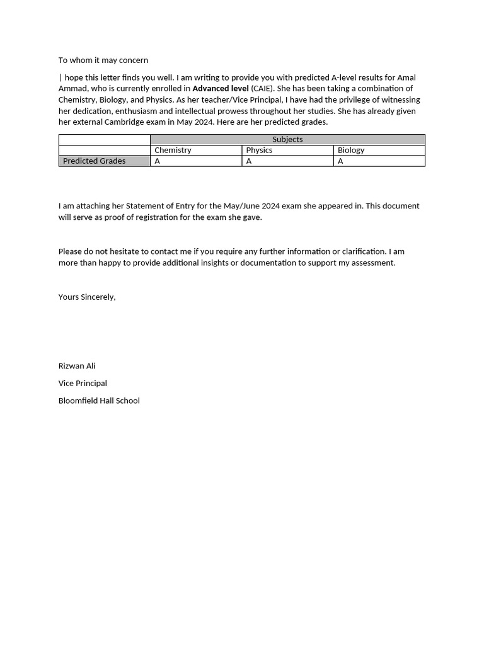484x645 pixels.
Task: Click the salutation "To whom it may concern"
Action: pos(103,60)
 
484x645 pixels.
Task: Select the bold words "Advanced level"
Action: pos(221,89)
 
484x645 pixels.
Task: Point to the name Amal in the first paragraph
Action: pos(406,77)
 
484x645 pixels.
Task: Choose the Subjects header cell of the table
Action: pos(287,140)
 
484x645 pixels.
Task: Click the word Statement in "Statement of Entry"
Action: pos(145,206)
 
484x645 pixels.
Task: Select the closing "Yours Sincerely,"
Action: pos(87,297)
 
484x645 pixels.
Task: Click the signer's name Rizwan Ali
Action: pos(77,366)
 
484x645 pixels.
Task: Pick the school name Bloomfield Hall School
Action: pos(99,401)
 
